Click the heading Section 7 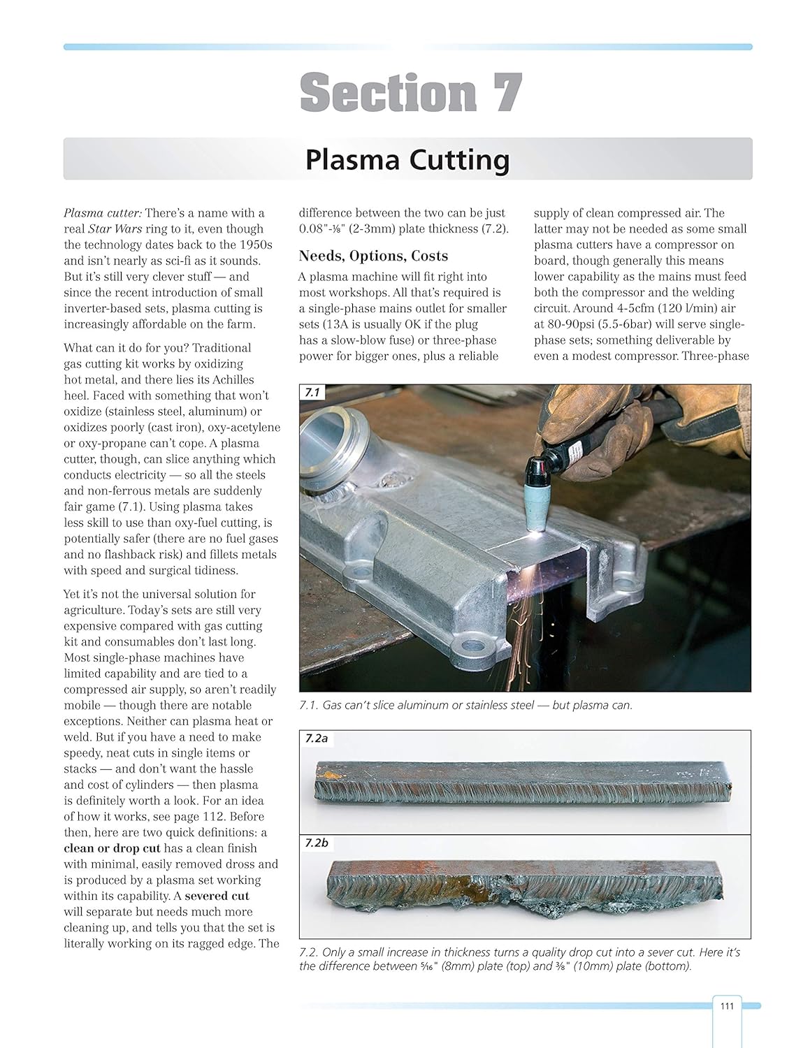(x=411, y=93)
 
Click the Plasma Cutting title (x=407, y=160)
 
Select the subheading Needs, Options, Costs (x=373, y=256)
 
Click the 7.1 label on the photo (x=312, y=393)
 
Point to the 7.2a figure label (x=317, y=738)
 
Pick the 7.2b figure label (x=317, y=843)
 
